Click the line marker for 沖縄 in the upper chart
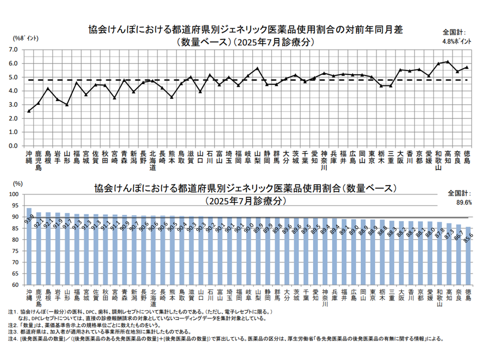[x=29, y=111]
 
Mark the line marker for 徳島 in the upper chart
[x=467, y=67]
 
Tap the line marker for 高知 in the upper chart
[x=447, y=61]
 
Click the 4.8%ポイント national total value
[x=456, y=41]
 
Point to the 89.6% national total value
[x=459, y=202]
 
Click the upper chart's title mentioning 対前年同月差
[x=245, y=30]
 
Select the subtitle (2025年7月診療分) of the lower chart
[x=245, y=200]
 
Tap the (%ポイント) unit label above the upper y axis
[x=23, y=38]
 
